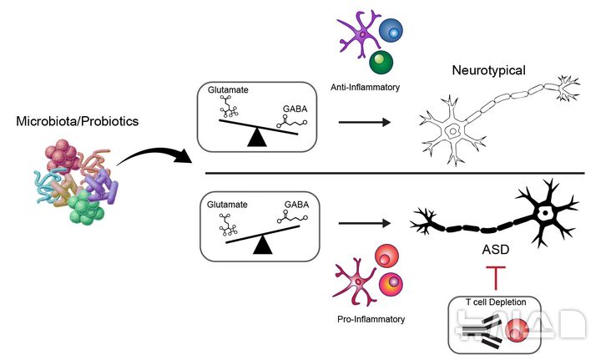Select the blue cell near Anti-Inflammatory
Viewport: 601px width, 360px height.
coord(389,30)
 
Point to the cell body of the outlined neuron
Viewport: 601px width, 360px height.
coord(455,131)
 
